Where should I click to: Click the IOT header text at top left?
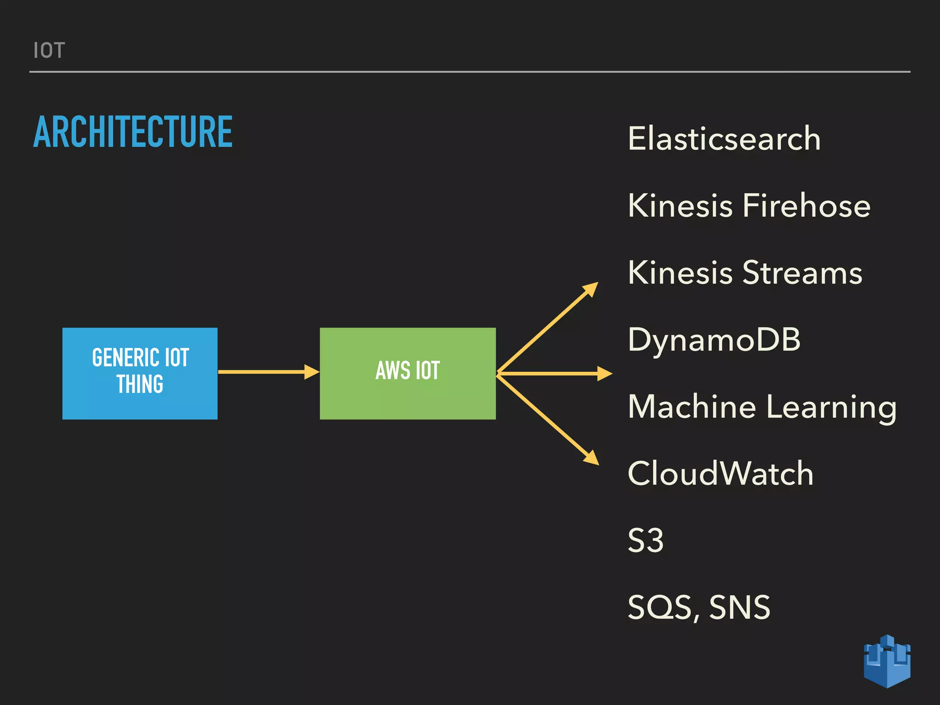pos(49,50)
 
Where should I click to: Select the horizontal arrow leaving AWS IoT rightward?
pos(555,374)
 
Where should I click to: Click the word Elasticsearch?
pos(724,139)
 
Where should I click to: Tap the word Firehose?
pos(806,206)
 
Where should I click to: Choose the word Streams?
pos(802,273)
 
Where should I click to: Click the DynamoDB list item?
pos(714,340)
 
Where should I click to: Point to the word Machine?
pos(692,407)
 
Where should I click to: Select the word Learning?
pos(831,408)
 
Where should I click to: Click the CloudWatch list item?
pos(720,474)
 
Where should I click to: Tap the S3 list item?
pos(645,540)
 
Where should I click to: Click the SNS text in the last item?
pos(739,607)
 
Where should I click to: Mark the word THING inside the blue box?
pos(140,384)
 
